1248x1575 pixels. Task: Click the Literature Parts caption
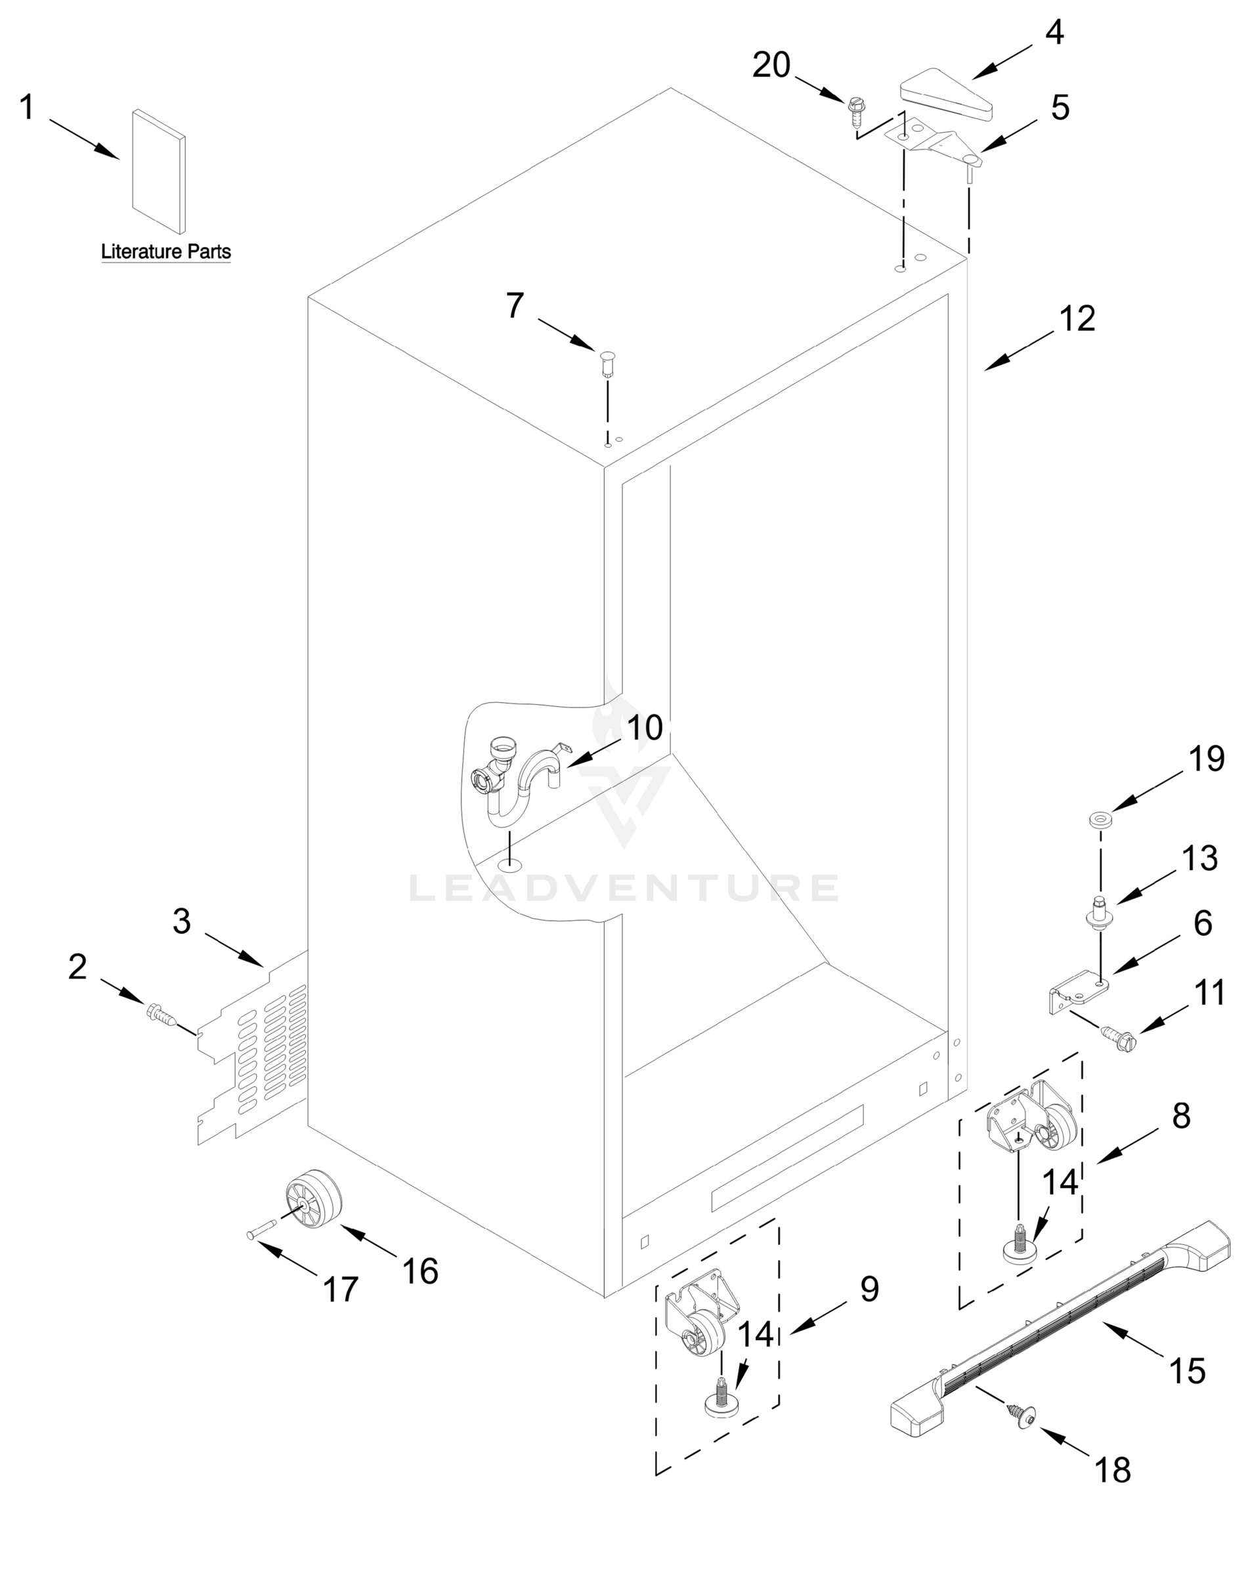[x=166, y=252]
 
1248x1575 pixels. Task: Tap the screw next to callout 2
[x=162, y=1014]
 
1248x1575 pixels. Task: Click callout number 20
[x=771, y=66]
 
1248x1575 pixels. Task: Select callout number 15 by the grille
[x=1187, y=1371]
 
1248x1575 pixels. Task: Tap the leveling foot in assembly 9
[x=720, y=1400]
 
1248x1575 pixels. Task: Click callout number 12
[x=1078, y=319]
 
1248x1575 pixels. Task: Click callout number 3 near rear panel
[x=182, y=921]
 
